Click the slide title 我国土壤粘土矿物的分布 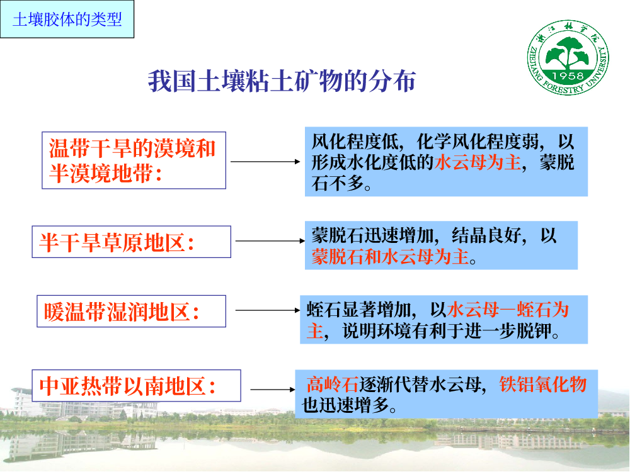[282, 81]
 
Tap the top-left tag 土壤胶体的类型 [67, 20]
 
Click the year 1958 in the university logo [568, 76]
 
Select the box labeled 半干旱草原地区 [132, 242]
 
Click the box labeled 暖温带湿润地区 [132, 311]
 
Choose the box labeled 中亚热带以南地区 [136, 385]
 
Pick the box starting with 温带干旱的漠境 [134, 160]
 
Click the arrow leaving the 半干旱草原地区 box [270, 241]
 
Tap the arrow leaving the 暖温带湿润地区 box [268, 310]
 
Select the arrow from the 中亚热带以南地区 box [273, 390]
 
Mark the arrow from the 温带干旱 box [265, 162]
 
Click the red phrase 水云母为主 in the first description [478, 162]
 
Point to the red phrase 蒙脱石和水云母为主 [390, 257]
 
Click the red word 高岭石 [332, 385]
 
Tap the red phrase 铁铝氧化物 [543, 385]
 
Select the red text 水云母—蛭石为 [508, 310]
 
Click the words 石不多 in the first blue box [338, 183]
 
